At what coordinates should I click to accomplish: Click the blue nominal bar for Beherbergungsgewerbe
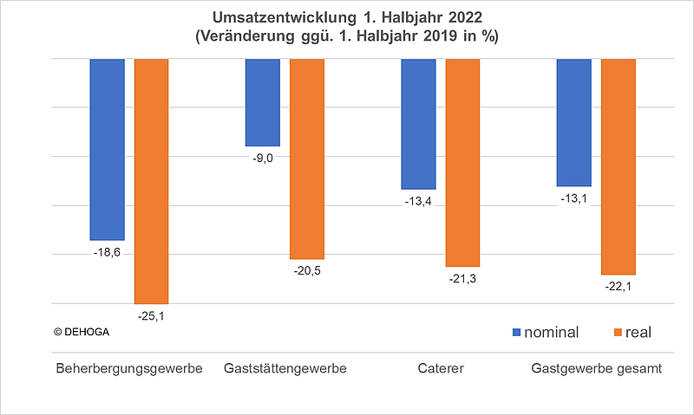click(108, 149)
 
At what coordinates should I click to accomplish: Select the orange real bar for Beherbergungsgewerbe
click(151, 181)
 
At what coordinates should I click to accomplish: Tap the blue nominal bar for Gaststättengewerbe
click(263, 102)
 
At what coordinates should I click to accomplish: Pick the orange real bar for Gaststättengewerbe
click(306, 159)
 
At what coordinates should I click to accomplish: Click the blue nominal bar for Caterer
click(418, 124)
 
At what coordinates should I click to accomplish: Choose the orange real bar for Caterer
click(462, 163)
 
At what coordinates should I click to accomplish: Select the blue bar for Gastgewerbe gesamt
click(573, 122)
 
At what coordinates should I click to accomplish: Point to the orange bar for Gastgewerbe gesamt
click(618, 166)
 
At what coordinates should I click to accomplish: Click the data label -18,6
click(107, 252)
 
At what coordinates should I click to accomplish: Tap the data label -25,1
click(151, 316)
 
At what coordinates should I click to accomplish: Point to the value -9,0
click(263, 159)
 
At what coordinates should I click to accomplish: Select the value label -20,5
click(306, 271)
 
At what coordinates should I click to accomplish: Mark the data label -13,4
click(418, 202)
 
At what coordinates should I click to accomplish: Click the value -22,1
click(618, 287)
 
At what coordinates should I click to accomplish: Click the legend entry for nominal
click(547, 333)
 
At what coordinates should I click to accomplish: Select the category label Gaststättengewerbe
click(285, 369)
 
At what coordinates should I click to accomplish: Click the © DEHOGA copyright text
click(84, 331)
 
